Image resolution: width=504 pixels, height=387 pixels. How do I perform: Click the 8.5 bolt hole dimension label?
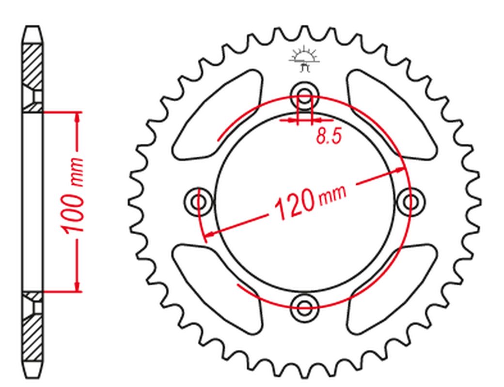click(328, 136)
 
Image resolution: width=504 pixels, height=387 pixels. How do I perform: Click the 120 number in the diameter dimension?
click(294, 205)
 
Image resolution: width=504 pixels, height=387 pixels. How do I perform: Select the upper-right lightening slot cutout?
click(392, 115)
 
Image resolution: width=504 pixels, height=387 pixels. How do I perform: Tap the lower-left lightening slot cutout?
click(217, 289)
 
